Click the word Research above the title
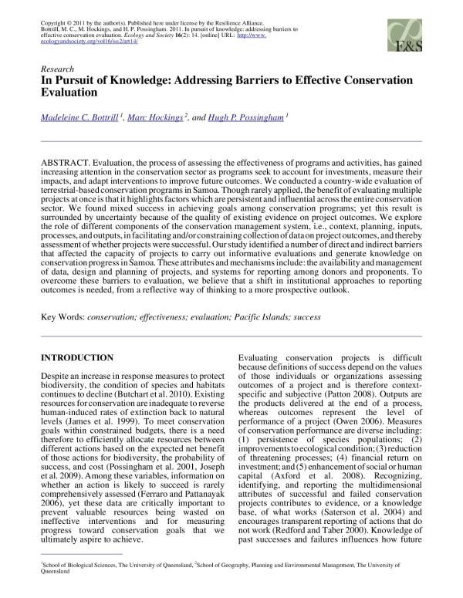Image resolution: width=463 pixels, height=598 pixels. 59,68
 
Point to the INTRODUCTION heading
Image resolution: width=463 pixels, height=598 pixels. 76,358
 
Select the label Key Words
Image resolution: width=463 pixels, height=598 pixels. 64,318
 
